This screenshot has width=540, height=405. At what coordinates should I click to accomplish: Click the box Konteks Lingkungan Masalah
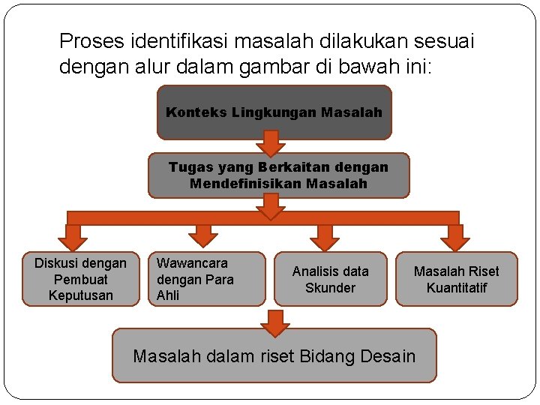click(x=274, y=112)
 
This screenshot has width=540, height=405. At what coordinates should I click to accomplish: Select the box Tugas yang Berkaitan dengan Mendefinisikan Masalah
click(x=278, y=175)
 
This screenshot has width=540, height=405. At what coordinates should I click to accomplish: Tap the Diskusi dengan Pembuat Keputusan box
click(x=80, y=279)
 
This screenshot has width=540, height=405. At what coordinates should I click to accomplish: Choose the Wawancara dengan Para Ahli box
click(x=206, y=279)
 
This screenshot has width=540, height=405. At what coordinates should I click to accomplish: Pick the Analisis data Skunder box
click(x=330, y=279)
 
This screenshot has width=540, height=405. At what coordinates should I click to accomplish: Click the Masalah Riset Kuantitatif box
click(x=456, y=279)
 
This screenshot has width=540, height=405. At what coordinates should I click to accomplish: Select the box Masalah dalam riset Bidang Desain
click(x=274, y=355)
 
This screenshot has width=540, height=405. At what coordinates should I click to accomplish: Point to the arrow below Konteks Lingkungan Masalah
click(x=271, y=143)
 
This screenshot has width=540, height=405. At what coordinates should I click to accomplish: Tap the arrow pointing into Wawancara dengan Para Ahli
click(x=202, y=235)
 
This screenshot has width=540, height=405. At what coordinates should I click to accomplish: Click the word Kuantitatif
click(x=456, y=288)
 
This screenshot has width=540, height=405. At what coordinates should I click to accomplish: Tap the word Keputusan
click(x=80, y=295)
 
